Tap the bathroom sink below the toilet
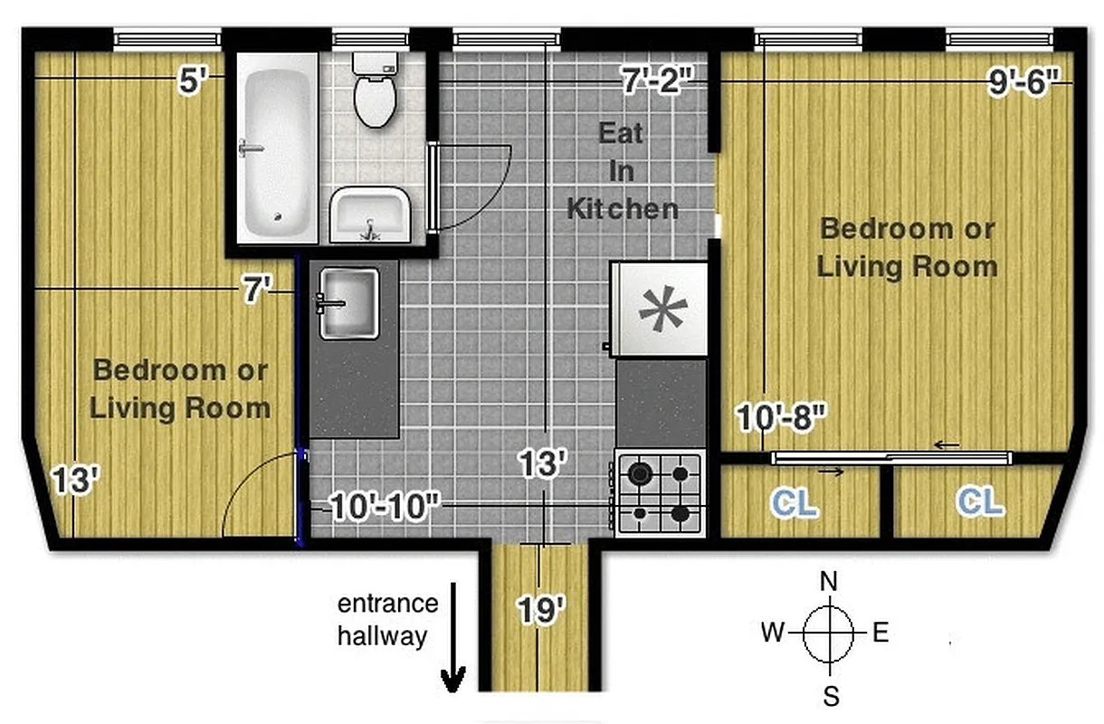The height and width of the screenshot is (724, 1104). click(370, 214)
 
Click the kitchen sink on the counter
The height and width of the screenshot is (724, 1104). click(347, 303)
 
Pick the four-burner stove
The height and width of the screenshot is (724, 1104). click(660, 492)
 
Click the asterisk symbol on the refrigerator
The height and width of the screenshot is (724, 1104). click(662, 309)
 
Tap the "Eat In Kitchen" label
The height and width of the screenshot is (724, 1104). click(622, 171)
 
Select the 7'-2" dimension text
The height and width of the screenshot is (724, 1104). click(657, 80)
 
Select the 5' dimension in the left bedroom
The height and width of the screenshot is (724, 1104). click(194, 81)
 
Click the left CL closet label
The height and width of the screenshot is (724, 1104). click(796, 503)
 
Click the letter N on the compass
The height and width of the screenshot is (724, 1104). click(828, 581)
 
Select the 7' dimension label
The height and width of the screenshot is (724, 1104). click(257, 291)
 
